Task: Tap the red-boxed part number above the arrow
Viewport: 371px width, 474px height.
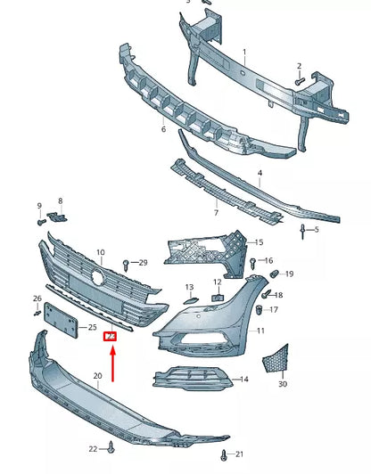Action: pyautogui.click(x=111, y=337)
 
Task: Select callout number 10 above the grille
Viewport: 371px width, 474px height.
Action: pyautogui.click(x=100, y=253)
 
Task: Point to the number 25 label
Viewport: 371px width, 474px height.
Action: pyautogui.click(x=93, y=328)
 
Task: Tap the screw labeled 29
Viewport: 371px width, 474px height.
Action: pyautogui.click(x=128, y=263)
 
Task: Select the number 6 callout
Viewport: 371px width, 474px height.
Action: pyautogui.click(x=163, y=129)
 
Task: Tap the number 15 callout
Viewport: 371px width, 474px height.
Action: pyautogui.click(x=259, y=242)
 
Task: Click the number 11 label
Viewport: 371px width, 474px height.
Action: pyautogui.click(x=260, y=331)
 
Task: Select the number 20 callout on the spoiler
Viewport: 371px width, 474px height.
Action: pyautogui.click(x=96, y=377)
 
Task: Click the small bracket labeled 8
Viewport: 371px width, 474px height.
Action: pyautogui.click(x=58, y=215)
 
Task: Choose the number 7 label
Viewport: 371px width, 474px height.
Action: pyautogui.click(x=215, y=214)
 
